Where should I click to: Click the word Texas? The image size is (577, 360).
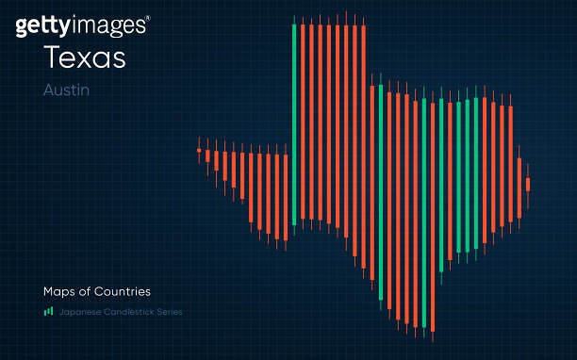click(84, 57)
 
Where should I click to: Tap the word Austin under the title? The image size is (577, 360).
click(66, 90)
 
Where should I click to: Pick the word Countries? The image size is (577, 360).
click(122, 291)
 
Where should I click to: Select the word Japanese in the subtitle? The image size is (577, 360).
click(80, 312)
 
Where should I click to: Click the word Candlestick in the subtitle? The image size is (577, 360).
click(128, 312)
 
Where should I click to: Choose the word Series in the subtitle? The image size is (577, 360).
click(169, 312)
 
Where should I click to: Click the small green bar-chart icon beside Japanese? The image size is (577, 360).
click(48, 311)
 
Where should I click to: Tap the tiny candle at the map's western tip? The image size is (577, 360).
click(199, 150)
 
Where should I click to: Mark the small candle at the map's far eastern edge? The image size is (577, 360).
click(528, 184)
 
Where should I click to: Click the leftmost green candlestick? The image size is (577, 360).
click(294, 123)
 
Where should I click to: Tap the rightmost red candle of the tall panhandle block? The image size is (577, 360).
click(363, 141)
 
